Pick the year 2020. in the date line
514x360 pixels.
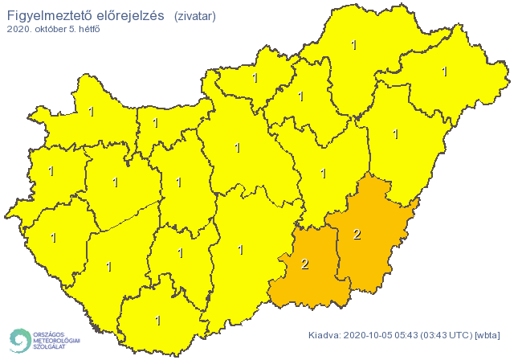pos(21,29)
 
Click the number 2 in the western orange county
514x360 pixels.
pos(304,264)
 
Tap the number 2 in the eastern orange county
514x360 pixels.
pos(357,235)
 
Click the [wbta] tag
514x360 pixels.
pos(487,334)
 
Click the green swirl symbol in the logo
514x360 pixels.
pos(19,339)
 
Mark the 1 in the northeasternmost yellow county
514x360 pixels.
pos(444,72)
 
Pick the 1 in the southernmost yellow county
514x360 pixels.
pos(157,320)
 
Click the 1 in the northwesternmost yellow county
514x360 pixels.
pos(92,112)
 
